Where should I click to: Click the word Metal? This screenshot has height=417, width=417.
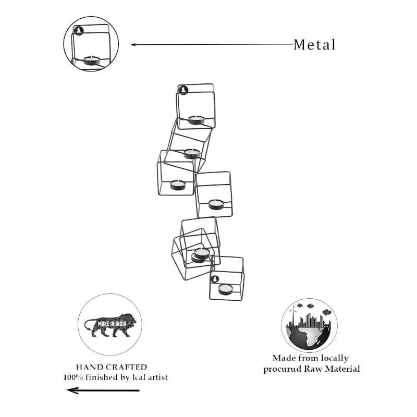pyautogui.click(x=314, y=45)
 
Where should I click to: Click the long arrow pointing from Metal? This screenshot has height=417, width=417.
pyautogui.click(x=212, y=44)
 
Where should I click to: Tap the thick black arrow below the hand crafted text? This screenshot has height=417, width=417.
pyautogui.click(x=103, y=390)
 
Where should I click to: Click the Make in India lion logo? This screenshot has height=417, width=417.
pyautogui.click(x=110, y=325)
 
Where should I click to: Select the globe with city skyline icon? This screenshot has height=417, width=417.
pyautogui.click(x=309, y=325)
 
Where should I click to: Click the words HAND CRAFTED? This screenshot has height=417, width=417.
pyautogui.click(x=112, y=367)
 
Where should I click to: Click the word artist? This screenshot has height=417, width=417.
pyautogui.click(x=158, y=377)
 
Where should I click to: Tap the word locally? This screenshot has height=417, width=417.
pyautogui.click(x=335, y=358)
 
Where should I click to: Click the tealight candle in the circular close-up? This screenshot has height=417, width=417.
pyautogui.click(x=92, y=60)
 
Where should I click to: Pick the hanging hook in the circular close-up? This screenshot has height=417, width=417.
pyautogui.click(x=79, y=31)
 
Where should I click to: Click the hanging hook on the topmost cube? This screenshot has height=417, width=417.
pyautogui.click(x=183, y=90)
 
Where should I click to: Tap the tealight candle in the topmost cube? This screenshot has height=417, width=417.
pyautogui.click(x=197, y=120)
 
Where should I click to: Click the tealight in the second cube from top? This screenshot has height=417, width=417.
pyautogui.click(x=192, y=153)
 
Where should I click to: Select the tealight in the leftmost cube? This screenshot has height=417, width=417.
pyautogui.click(x=178, y=185)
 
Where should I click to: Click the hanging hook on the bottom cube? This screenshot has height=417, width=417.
pyautogui.click(x=215, y=279)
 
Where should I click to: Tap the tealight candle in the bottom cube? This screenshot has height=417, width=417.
pyautogui.click(x=225, y=289)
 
